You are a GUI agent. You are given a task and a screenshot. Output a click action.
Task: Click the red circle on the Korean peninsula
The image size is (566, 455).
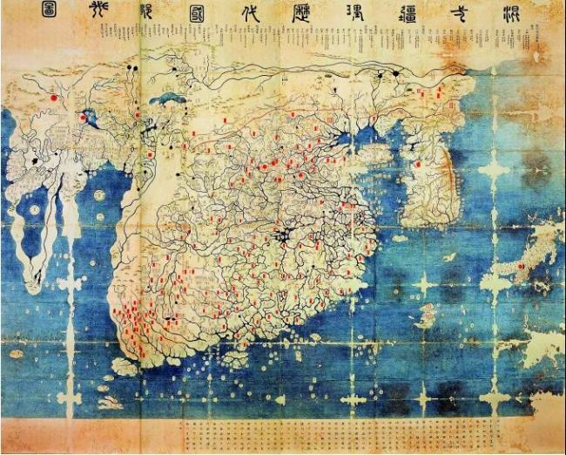[x=417, y=164]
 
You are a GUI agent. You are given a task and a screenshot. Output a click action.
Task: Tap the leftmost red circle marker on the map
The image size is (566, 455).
[x=54, y=98]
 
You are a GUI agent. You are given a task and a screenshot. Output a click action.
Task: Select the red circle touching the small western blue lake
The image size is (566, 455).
[x=84, y=117]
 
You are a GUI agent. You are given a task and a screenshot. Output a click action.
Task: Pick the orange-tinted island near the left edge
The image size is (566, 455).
[x=15, y=354]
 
